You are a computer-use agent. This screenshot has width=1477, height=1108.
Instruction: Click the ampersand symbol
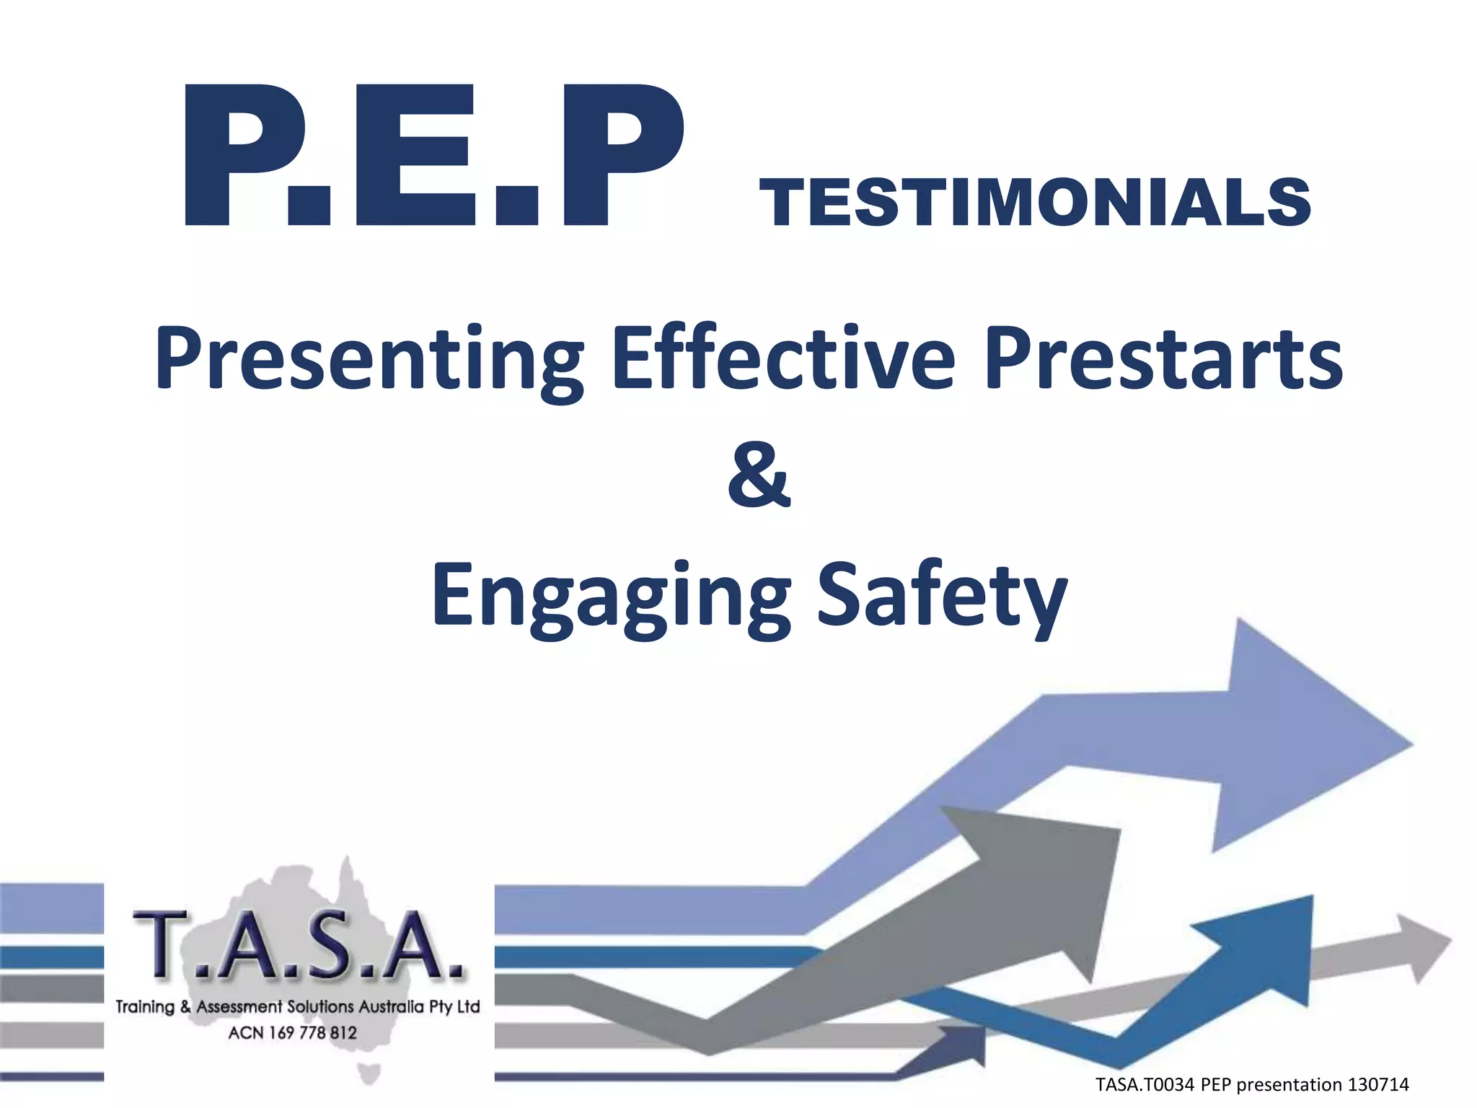tap(759, 476)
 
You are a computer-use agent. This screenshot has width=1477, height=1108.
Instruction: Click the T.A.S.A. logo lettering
tap(298, 946)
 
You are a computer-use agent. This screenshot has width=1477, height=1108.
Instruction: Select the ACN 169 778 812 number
tap(293, 1033)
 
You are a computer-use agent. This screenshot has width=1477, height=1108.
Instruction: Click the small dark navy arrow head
tap(966, 1044)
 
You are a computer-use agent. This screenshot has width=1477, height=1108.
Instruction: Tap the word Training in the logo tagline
tap(145, 1006)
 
